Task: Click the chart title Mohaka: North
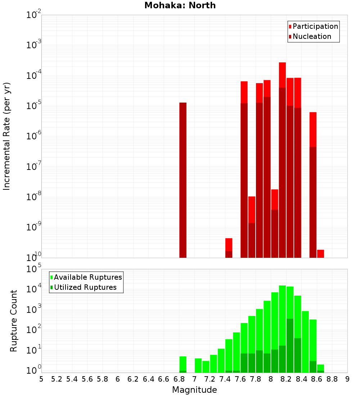pyautogui.click(x=180, y=5)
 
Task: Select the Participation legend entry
pyautogui.click(x=315, y=26)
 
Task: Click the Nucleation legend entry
pyautogui.click(x=311, y=36)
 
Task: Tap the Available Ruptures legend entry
pyautogui.click(x=87, y=277)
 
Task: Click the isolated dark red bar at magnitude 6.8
pyautogui.click(x=183, y=180)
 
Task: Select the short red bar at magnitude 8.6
pyautogui.click(x=320, y=253)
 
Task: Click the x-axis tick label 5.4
pyautogui.click(x=72, y=379)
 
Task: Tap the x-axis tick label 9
pyautogui.click(x=347, y=379)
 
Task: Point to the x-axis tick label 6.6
pyautogui.click(x=164, y=379)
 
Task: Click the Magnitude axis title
pyautogui.click(x=194, y=390)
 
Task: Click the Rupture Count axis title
pyautogui.click(x=14, y=321)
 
